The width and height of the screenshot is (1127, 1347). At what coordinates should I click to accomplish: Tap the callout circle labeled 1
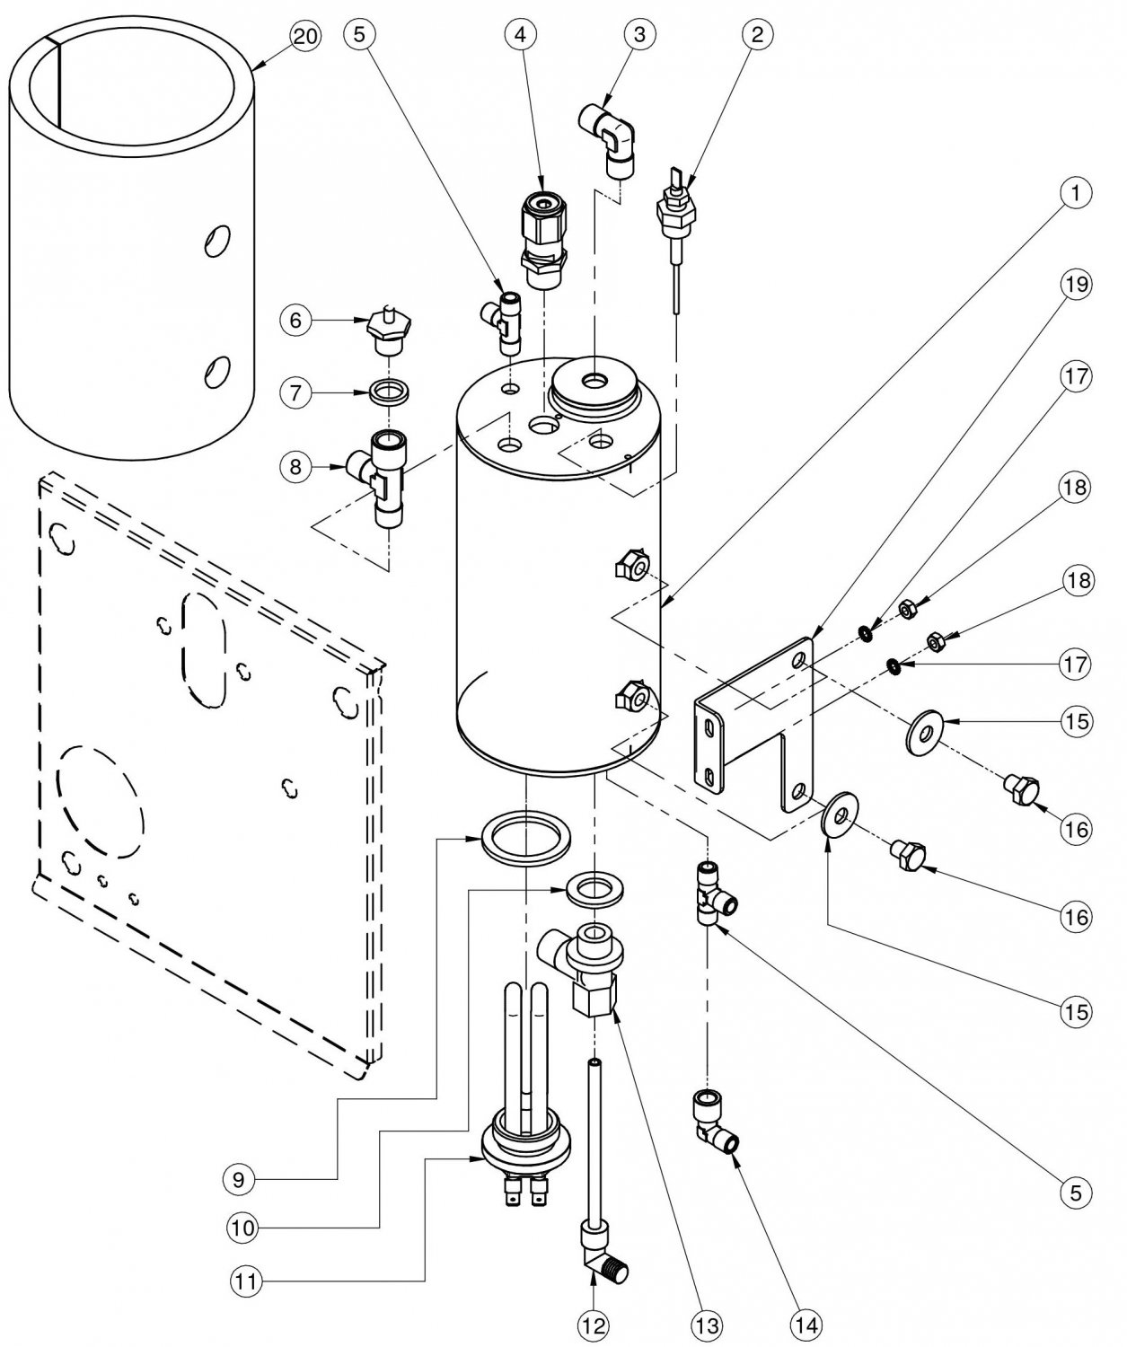point(1075,192)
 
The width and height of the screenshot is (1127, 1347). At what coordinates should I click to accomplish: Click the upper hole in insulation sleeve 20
point(215,241)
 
